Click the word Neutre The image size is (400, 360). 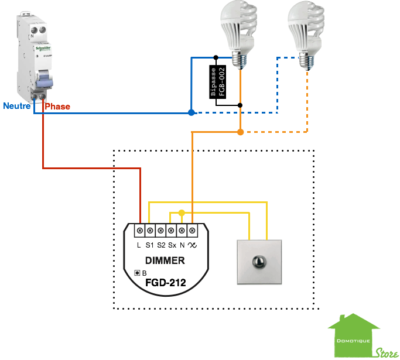(x=17, y=106)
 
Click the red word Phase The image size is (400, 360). (x=58, y=107)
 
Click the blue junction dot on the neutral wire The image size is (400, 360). (x=192, y=112)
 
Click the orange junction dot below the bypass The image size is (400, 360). (x=241, y=132)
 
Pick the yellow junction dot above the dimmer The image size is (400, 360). (x=182, y=212)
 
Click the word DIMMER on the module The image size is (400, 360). (x=165, y=260)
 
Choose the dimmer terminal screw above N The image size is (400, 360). (x=183, y=230)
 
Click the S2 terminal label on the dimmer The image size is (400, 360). (x=161, y=245)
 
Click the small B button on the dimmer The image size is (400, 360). (x=138, y=273)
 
